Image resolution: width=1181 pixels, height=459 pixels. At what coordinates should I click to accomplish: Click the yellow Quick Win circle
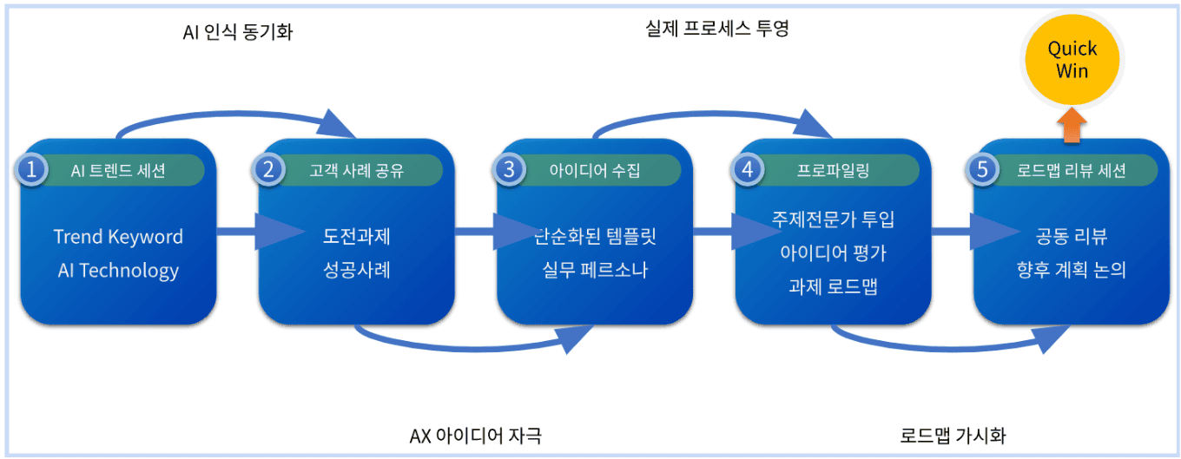coord(1072,60)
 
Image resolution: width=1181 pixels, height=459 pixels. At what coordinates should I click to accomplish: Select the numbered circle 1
coord(32,170)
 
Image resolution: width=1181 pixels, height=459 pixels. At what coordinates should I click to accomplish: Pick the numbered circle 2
coord(269,170)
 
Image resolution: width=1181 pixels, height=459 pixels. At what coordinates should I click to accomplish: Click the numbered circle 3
coord(509,170)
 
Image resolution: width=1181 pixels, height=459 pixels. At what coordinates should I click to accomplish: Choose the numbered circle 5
coord(983,170)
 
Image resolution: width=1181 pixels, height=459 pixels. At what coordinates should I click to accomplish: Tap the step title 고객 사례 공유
coord(357,171)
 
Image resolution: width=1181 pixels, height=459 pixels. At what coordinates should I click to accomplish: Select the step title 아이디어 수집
coord(595,171)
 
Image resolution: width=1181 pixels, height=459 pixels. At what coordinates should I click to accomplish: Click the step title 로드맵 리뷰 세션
coord(1072,171)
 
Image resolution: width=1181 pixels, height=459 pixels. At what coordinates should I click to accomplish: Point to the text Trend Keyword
coord(118,237)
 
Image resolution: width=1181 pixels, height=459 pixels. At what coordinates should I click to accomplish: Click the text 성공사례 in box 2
coord(357,270)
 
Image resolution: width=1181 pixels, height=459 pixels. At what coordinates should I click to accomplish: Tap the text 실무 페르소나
coord(595,270)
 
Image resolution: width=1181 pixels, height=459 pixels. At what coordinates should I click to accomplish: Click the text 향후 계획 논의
coord(1072,270)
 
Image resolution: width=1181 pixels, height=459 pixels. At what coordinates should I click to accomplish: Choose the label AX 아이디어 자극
coord(476,435)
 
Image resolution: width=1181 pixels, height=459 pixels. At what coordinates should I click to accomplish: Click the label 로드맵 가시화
coord(953,435)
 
